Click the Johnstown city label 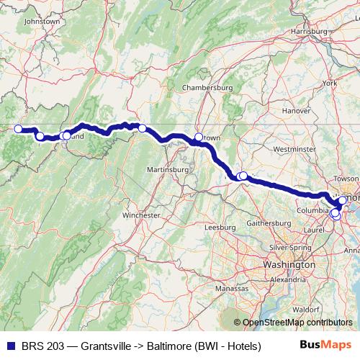pyautogui.click(x=42, y=22)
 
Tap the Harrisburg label pyautogui.click(x=309, y=32)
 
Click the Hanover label pyautogui.click(x=296, y=111)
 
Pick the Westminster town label pyautogui.click(x=294, y=149)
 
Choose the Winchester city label pyautogui.click(x=141, y=215)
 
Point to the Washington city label pyautogui.click(x=289, y=265)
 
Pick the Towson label pyautogui.click(x=347, y=177)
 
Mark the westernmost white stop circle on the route pyautogui.click(x=18, y=130)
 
